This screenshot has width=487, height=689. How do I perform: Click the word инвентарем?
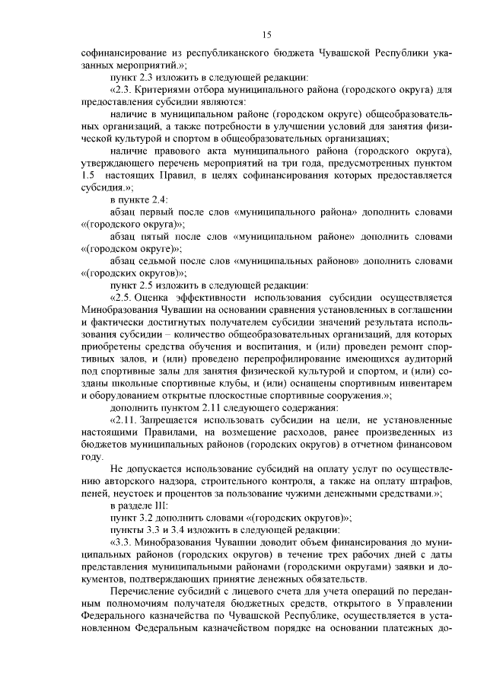[425, 382]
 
